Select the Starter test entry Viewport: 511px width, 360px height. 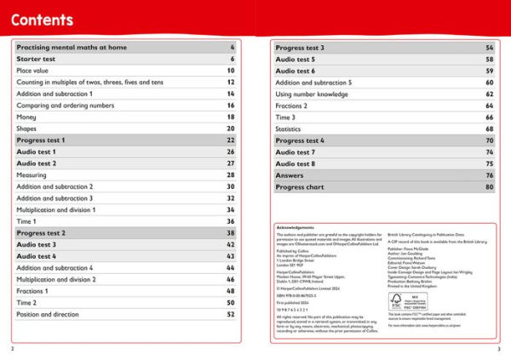coord(37,59)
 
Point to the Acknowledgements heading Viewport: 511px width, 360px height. coord(297,227)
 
